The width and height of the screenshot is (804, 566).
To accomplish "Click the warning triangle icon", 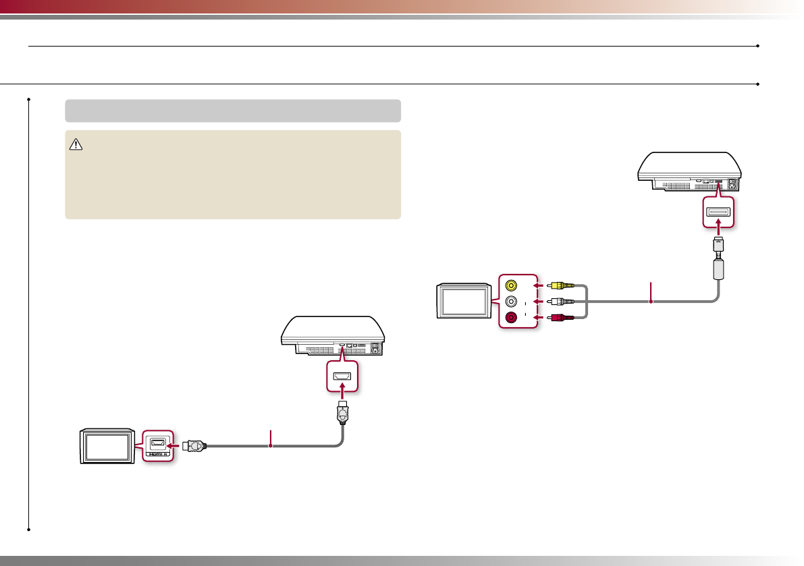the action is click(75, 144).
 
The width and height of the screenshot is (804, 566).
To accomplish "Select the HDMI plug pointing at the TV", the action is click(196, 445).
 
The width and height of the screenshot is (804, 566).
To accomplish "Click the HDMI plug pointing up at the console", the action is click(343, 414).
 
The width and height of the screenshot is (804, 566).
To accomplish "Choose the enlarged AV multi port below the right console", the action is click(718, 213).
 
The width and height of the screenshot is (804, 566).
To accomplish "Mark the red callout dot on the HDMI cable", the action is click(271, 445).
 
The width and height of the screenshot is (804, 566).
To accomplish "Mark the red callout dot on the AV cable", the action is click(651, 302).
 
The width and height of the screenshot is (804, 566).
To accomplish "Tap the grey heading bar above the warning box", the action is click(233, 111).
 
